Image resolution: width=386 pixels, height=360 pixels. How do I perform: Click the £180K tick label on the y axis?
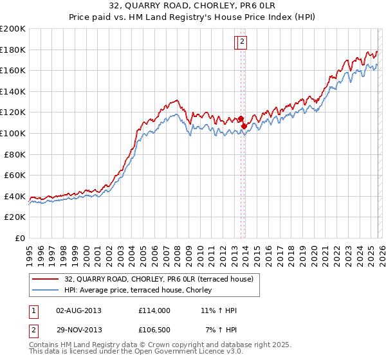click(13, 50)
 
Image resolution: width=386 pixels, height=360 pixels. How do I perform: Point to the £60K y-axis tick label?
click(15, 175)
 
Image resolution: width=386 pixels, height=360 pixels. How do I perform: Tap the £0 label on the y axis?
click(20, 238)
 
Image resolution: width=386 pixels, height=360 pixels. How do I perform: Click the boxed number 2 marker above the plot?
click(241, 42)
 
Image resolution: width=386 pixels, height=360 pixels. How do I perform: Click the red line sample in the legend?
click(46, 279)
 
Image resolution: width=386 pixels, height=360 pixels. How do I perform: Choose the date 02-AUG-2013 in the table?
click(79, 310)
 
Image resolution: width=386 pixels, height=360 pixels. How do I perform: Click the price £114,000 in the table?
click(154, 310)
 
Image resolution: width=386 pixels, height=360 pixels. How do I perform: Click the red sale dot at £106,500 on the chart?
click(244, 126)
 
